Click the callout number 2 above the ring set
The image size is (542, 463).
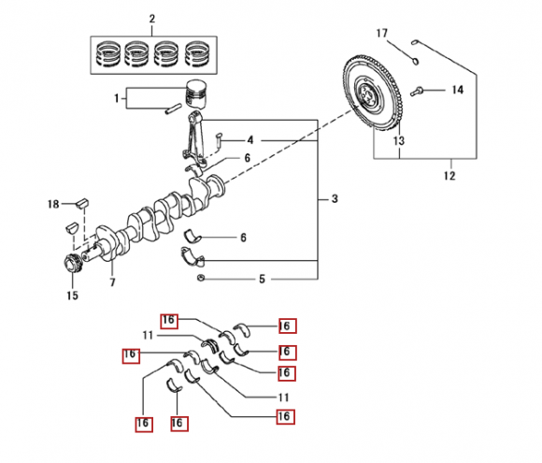click(x=152, y=19)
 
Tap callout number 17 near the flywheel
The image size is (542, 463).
click(x=381, y=34)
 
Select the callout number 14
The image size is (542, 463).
click(x=457, y=90)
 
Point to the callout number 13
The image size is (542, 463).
click(x=398, y=141)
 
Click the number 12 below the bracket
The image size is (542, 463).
click(x=449, y=176)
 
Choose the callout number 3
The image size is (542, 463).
click(x=335, y=199)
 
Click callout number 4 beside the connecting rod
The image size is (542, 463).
click(x=250, y=140)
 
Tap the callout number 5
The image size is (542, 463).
click(x=262, y=279)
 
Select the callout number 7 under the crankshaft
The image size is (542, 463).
click(x=112, y=282)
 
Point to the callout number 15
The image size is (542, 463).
click(x=72, y=296)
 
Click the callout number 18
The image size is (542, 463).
click(x=53, y=204)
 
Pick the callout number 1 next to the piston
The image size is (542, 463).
click(x=117, y=98)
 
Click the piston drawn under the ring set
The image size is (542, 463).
click(x=197, y=94)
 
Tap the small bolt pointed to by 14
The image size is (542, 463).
click(x=417, y=92)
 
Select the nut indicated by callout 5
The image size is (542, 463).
click(x=201, y=278)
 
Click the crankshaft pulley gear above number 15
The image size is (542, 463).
click(x=72, y=264)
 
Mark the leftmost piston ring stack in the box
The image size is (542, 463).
click(x=108, y=54)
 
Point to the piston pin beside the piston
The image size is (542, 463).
click(x=173, y=109)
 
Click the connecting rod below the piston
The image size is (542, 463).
click(x=193, y=138)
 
